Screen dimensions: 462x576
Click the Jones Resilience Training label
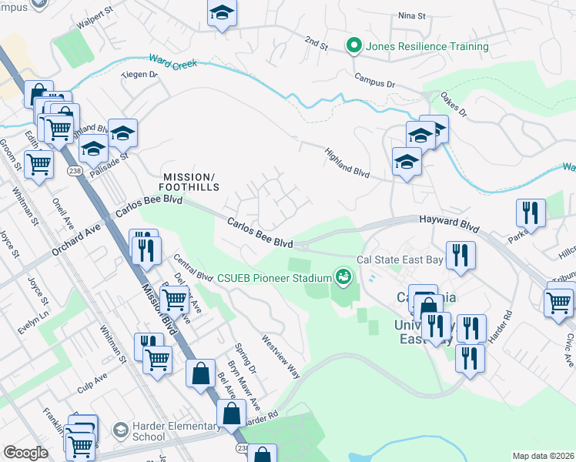coord(427,46)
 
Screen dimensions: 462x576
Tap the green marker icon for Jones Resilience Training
coord(354,46)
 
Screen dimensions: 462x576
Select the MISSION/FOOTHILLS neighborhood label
coord(189,181)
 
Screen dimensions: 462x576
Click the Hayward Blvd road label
coord(450,224)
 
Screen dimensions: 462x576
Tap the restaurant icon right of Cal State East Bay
coord(460,256)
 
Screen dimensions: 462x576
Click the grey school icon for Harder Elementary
coord(120,428)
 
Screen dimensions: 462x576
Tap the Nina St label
coord(411,15)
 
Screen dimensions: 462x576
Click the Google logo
coord(25,453)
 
